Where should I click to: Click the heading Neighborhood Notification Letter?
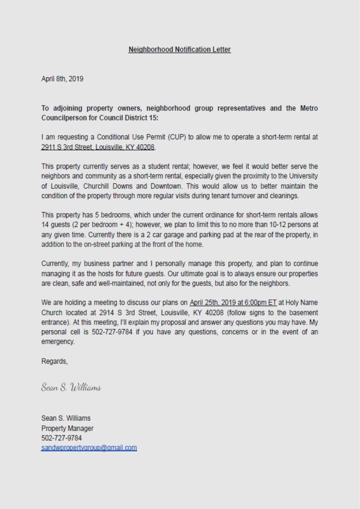[x=180, y=49]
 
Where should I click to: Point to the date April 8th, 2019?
[x=63, y=79]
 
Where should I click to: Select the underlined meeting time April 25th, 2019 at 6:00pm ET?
[x=233, y=303]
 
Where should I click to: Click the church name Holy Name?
[x=303, y=303]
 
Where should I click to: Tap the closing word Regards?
[x=54, y=362]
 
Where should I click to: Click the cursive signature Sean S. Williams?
[x=71, y=388]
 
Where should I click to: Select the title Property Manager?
[x=67, y=428]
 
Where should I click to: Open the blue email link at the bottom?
[x=89, y=448]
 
